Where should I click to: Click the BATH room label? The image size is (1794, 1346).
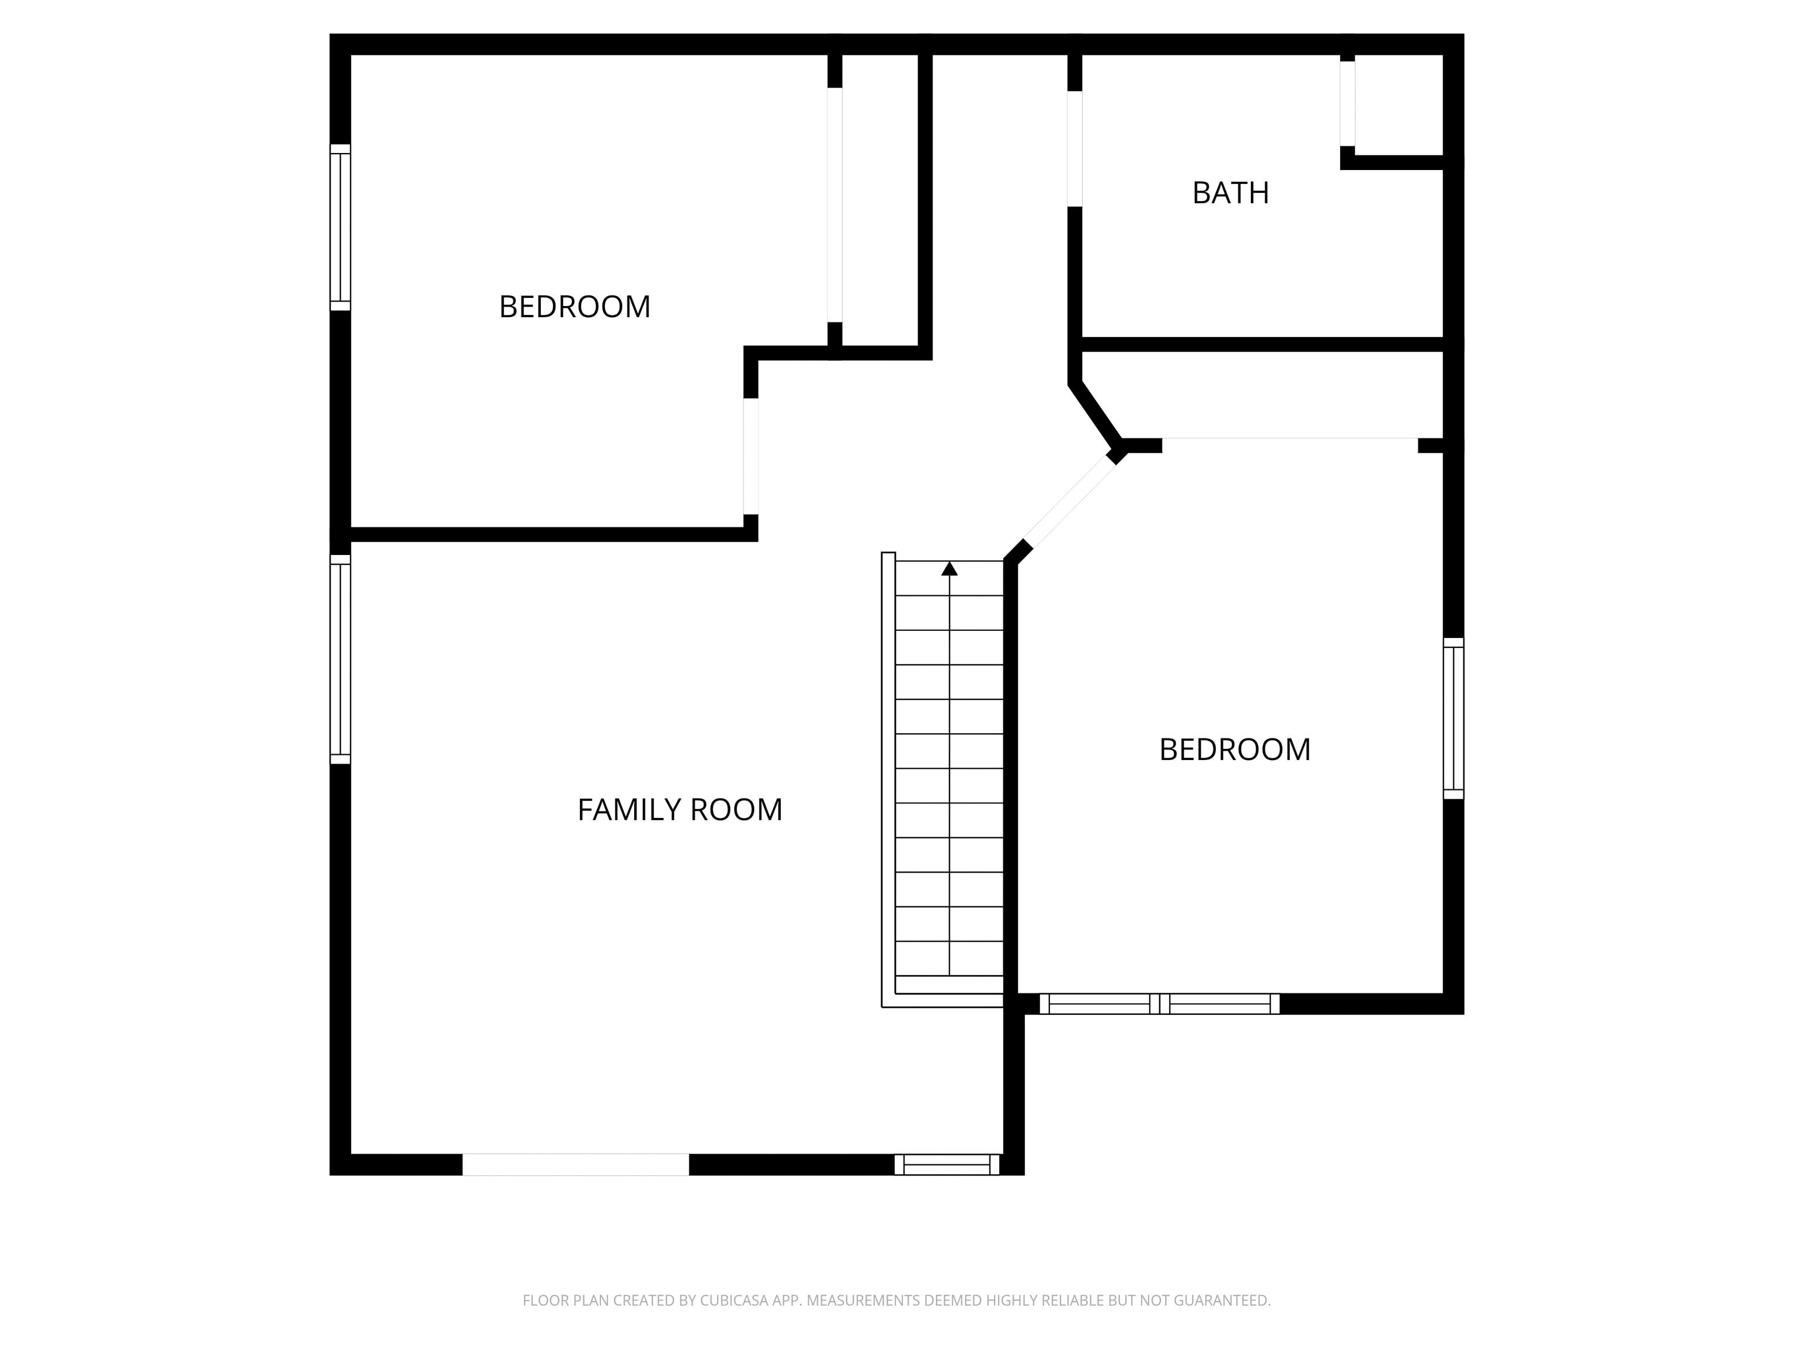(1230, 193)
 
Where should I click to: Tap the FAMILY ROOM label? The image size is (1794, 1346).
(680, 810)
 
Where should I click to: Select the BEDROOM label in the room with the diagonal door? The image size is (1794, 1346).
(1235, 750)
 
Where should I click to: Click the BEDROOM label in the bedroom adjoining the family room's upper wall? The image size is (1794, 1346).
(574, 307)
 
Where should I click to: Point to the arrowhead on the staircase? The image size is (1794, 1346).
(950, 569)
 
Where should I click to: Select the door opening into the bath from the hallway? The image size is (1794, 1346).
(1075, 148)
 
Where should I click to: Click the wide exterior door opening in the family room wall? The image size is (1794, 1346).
(576, 1164)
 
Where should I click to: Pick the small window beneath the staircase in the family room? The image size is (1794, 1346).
(947, 1165)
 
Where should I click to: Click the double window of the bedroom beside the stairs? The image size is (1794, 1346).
(1160, 1004)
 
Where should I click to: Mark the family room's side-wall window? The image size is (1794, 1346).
(340, 660)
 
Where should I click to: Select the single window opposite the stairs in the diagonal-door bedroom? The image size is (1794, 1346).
(1454, 719)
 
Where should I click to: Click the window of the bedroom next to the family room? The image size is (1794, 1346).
(340, 227)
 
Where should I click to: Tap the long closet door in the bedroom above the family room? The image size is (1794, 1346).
(835, 204)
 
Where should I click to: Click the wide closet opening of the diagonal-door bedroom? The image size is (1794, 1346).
(1289, 439)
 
